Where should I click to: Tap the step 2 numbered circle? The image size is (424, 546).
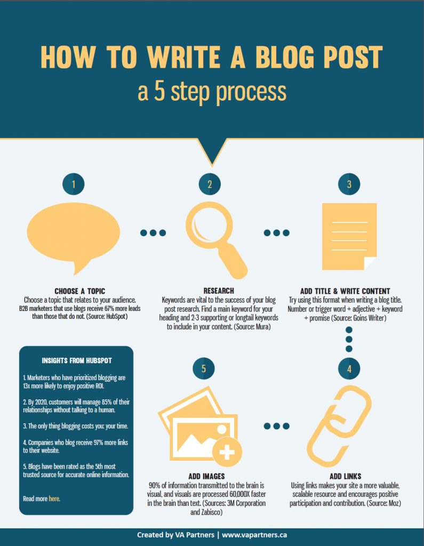[x=210, y=184]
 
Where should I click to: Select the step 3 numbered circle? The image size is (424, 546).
[x=349, y=184]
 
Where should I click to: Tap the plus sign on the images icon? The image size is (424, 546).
[x=227, y=453]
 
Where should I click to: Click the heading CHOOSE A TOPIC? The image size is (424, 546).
[x=80, y=291]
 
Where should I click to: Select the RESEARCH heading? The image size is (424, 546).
[x=219, y=291]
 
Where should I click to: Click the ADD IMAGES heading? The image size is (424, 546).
[x=206, y=476]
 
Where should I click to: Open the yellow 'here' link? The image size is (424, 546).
[x=54, y=499]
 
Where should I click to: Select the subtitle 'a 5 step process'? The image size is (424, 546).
[x=212, y=91]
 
